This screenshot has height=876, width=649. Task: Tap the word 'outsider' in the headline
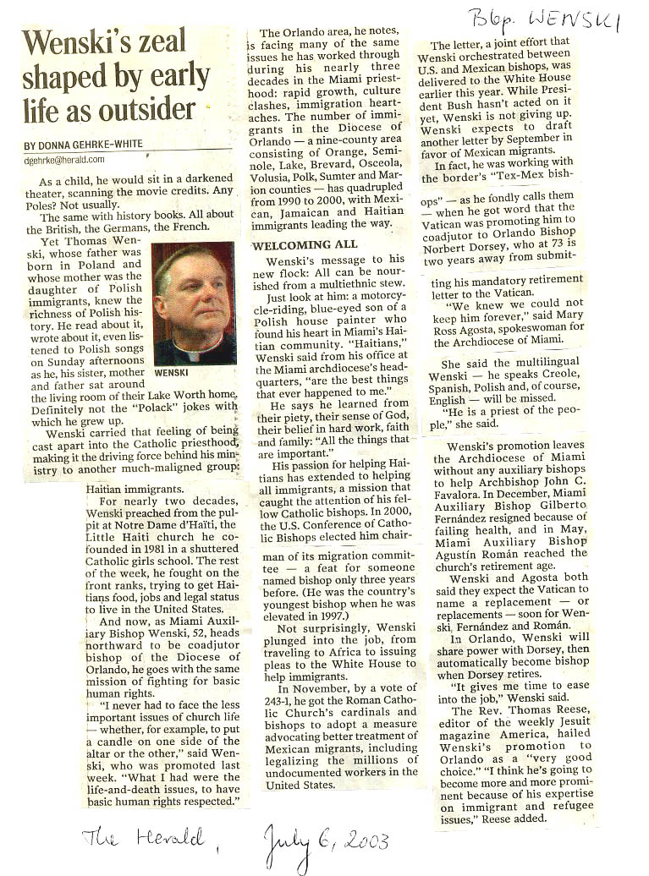coord(149,110)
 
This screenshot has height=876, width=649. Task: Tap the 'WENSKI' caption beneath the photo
coord(173,371)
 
